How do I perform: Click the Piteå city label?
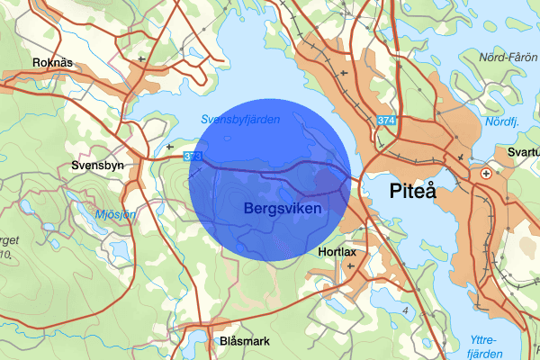[413, 191]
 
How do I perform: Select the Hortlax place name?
[340, 253]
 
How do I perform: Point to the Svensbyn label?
[96, 166]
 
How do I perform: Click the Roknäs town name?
[51, 63]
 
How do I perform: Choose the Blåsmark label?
[243, 342]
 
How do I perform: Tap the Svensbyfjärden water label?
[240, 119]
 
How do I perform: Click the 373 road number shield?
[192, 157]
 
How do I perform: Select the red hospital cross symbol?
[486, 173]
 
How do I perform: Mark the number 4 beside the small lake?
[405, 310]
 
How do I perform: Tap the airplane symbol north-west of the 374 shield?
[346, 71]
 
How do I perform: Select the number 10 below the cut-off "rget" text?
[5, 255]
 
